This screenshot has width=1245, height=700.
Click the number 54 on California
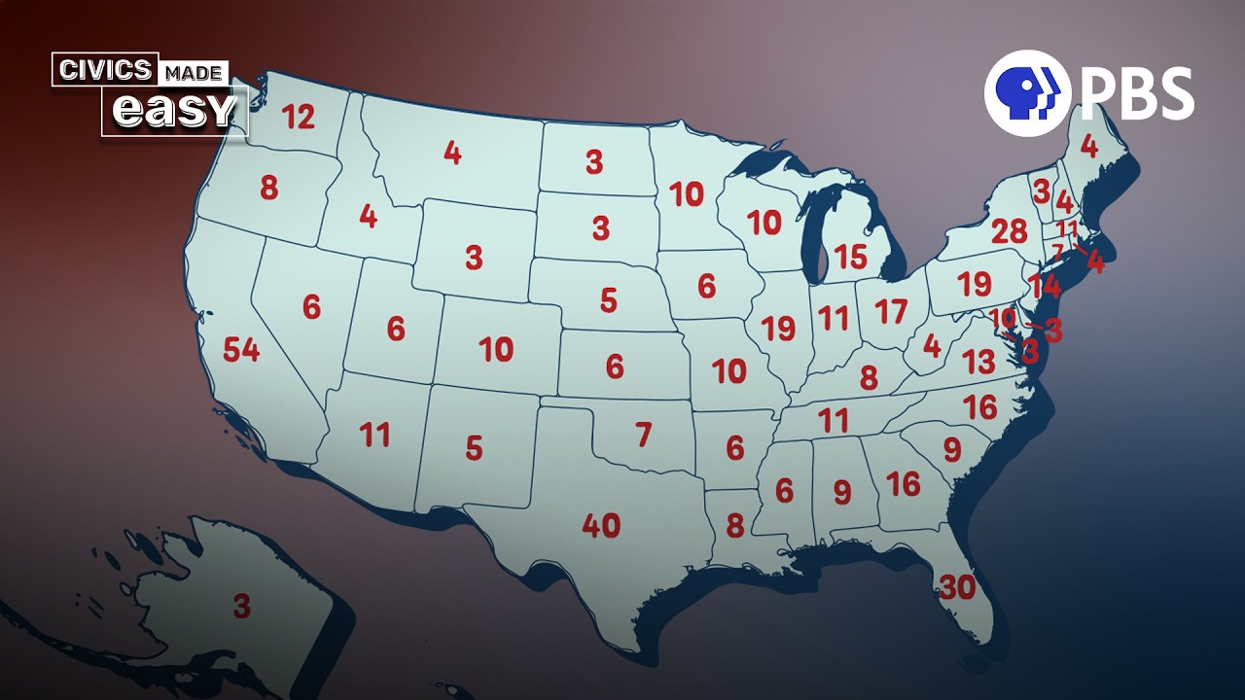tap(241, 350)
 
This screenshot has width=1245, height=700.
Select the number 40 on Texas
tap(601, 526)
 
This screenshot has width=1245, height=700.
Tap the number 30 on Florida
tap(957, 587)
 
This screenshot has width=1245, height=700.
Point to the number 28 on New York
tap(1009, 232)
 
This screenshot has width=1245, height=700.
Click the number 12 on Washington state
tap(299, 118)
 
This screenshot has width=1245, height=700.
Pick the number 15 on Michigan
tap(850, 257)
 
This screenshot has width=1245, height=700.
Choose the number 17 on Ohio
tap(891, 312)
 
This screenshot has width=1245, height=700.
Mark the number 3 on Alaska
tap(241, 607)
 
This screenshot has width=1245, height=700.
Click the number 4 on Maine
tap(1089, 147)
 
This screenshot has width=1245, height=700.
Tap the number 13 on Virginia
tap(978, 362)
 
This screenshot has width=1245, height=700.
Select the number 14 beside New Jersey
tap(1045, 288)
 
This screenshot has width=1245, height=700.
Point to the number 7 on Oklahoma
tap(643, 435)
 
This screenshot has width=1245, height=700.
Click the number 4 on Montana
tap(452, 154)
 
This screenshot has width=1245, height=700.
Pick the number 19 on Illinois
tap(779, 329)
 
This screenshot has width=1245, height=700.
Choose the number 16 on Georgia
tap(903, 483)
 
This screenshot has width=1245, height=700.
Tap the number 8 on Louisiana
tap(735, 526)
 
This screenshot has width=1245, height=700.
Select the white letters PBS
tap(1136, 92)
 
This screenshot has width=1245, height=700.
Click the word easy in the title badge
tap(174, 111)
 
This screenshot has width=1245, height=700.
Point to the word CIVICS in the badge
tap(106, 70)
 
